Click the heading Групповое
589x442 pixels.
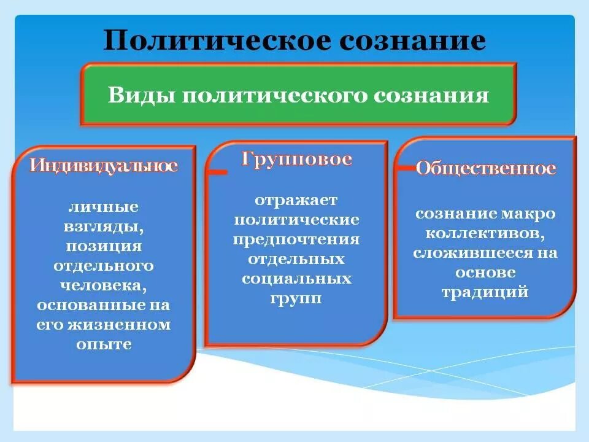(x=296, y=160)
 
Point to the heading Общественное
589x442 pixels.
(x=486, y=168)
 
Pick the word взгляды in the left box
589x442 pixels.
(x=104, y=227)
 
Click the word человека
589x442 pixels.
(x=103, y=285)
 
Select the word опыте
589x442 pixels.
(x=104, y=344)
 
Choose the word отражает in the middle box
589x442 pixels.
(x=296, y=201)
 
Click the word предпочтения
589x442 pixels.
(x=296, y=240)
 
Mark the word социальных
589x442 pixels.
(x=296, y=279)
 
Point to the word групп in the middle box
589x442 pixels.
(x=296, y=299)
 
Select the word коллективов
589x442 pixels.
(x=485, y=233)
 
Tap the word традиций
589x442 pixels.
(x=485, y=292)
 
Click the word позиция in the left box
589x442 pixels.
(x=104, y=246)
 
